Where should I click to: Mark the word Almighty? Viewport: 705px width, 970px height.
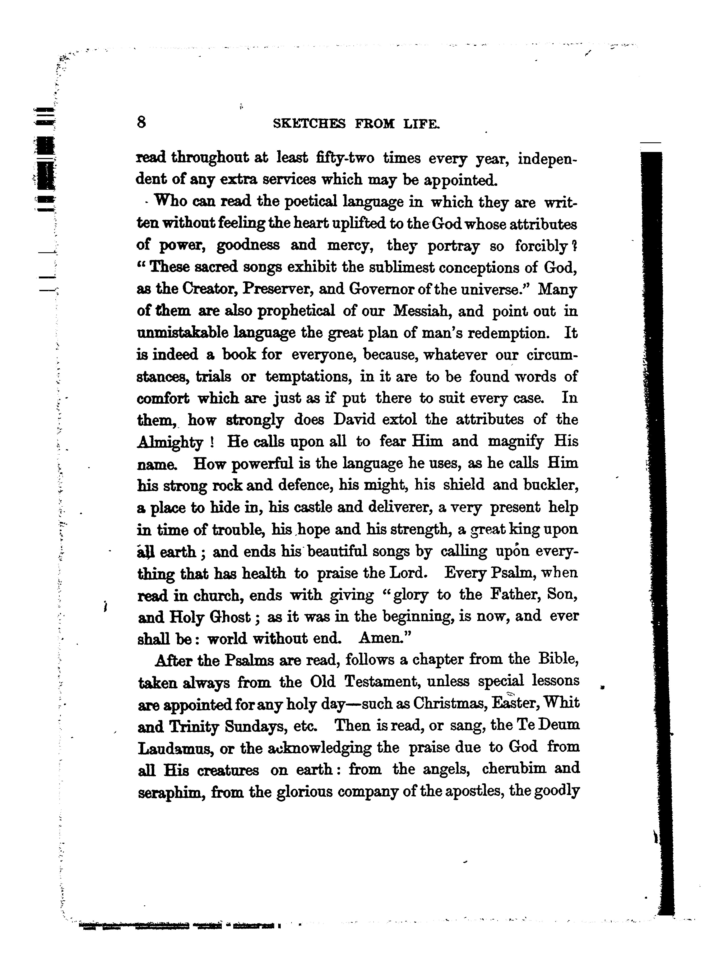pos(170,442)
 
